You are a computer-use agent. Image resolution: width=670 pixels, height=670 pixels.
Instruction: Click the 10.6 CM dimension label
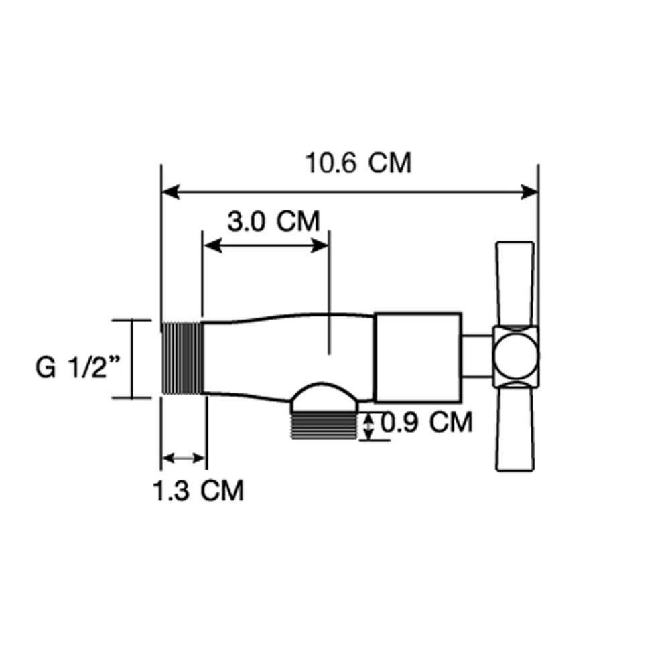point(358,163)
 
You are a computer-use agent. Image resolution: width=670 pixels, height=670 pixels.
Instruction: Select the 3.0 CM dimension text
point(273,221)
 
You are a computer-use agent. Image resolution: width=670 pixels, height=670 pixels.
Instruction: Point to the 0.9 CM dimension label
point(427,423)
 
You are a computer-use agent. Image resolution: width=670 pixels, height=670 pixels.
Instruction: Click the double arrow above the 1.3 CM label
point(183,458)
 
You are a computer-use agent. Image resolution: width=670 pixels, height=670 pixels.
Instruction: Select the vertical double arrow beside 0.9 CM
point(368,427)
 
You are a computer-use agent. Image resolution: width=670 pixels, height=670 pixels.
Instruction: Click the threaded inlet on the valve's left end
point(182,358)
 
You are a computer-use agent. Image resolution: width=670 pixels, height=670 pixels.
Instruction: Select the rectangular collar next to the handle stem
point(417,356)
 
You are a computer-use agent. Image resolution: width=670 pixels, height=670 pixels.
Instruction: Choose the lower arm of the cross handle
point(515,429)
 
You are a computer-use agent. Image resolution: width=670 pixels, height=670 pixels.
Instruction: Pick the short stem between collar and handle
point(476,356)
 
